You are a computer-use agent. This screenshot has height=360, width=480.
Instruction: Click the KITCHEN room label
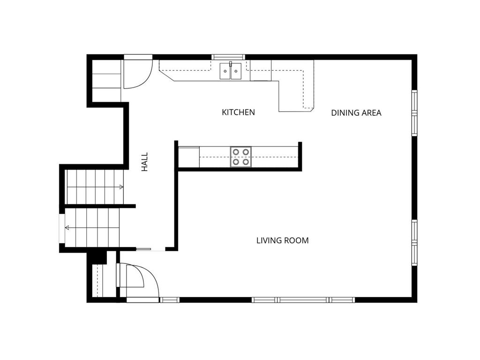coord(238,112)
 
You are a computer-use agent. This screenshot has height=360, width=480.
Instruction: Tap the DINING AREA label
coord(356,113)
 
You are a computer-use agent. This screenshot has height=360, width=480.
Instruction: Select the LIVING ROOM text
coord(282,240)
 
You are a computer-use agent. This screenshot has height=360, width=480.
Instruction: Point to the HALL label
coord(144,162)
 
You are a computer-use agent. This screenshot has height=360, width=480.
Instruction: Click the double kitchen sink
coord(230,71)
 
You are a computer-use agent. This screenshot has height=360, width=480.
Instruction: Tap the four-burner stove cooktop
coord(240,157)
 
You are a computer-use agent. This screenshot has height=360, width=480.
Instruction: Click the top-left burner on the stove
coord(236,152)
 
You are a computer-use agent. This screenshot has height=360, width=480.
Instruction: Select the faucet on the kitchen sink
coord(231,64)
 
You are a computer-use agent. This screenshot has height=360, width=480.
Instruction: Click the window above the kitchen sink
coord(228,57)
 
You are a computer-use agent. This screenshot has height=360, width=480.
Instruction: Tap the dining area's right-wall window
coord(414,112)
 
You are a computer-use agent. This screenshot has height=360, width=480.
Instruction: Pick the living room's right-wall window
coord(414,243)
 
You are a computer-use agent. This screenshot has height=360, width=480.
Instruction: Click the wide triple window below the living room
coord(303,300)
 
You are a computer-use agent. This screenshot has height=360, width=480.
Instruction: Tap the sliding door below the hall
coord(151,249)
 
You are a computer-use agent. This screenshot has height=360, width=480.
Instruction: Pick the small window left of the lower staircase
coord(61,228)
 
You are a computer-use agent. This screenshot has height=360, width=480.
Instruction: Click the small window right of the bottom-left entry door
coord(170,300)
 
